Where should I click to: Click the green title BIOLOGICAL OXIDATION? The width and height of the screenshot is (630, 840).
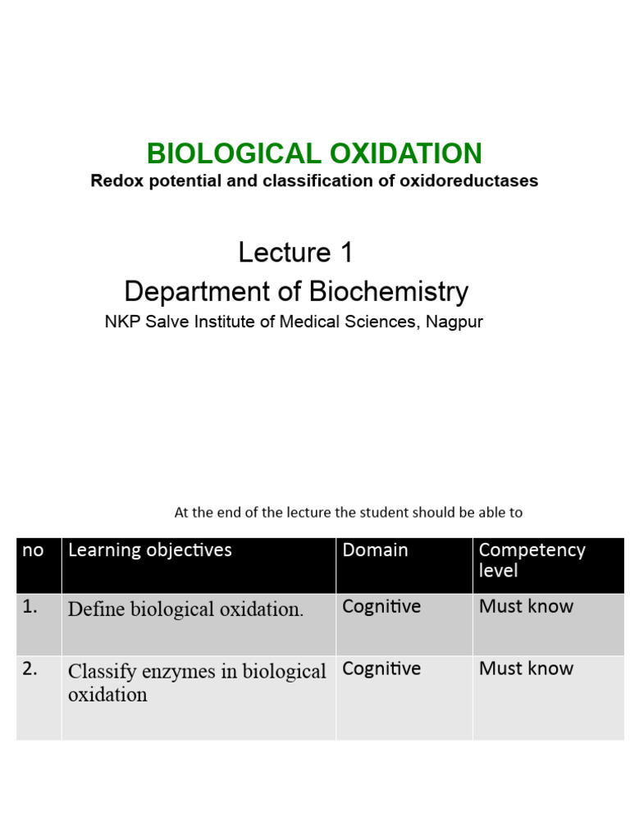314,153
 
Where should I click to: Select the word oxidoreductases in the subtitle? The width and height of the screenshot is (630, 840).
468,180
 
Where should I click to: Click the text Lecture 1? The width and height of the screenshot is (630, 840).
295,253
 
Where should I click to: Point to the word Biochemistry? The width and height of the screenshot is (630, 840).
389,291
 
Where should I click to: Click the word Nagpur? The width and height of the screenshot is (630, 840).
454,322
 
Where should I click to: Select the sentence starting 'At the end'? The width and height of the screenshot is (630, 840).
348,513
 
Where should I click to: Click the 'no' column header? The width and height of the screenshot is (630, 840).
33,550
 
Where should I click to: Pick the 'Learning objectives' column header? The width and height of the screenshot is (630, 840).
150,550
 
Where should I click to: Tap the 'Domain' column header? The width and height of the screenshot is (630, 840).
375,550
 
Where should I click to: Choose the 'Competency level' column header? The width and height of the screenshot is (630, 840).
532,559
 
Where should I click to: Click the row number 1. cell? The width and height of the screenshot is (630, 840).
31,607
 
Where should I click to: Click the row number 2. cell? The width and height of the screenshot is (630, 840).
31,669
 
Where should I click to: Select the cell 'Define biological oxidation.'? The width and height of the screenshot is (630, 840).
185,609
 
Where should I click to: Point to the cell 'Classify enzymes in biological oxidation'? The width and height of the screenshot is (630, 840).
197,682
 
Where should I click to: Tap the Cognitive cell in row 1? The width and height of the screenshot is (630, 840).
381,607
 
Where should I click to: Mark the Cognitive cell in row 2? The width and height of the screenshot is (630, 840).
381,669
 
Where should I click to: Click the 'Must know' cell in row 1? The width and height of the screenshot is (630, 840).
526,607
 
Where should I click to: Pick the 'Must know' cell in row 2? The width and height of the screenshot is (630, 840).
526,669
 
